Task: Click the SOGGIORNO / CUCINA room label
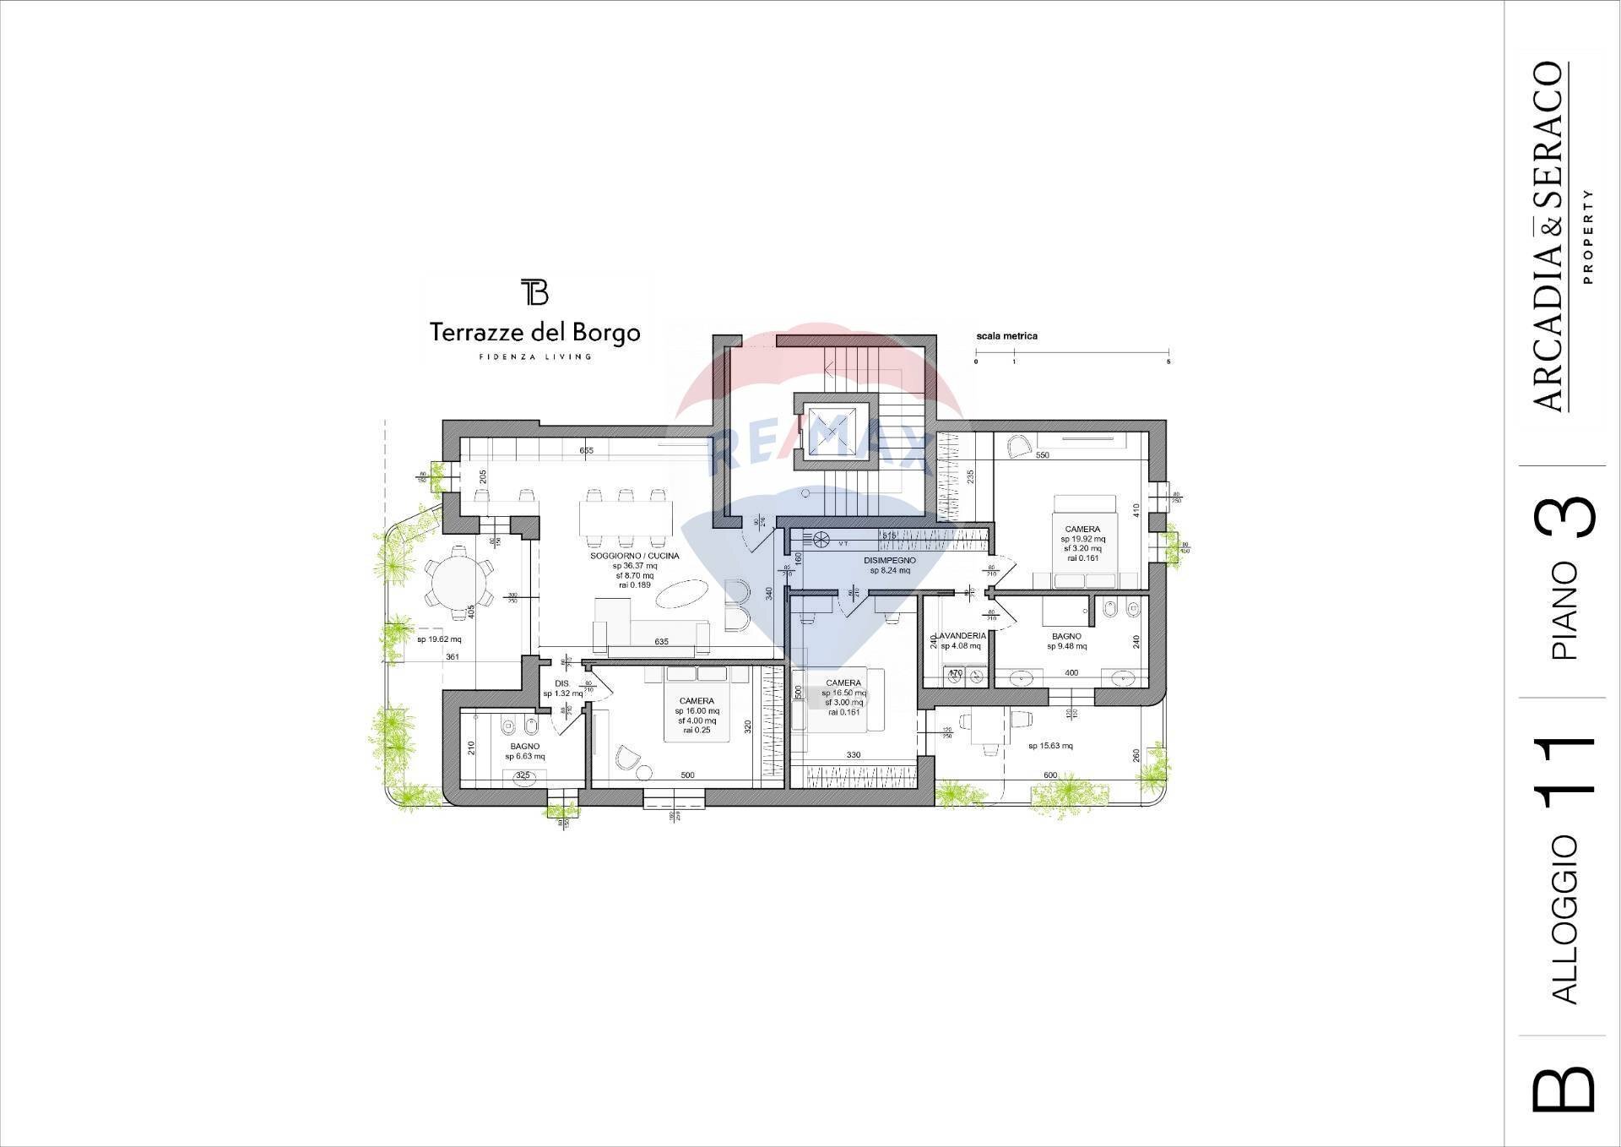tap(634, 556)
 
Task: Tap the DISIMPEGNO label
tap(889, 560)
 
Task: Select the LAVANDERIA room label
tap(960, 636)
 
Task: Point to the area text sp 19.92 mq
tap(1082, 539)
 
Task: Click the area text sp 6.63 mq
tap(524, 757)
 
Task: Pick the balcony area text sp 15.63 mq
tap(1050, 746)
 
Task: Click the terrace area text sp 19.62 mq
tap(439, 639)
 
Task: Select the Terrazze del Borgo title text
tap(534, 333)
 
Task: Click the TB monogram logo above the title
tap(534, 291)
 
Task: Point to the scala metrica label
tap(1006, 336)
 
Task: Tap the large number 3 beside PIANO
tap(1566, 515)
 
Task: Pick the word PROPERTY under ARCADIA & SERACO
tap(1588, 236)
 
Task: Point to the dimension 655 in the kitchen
tap(586, 451)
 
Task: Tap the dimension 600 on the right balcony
tap(1050, 775)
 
